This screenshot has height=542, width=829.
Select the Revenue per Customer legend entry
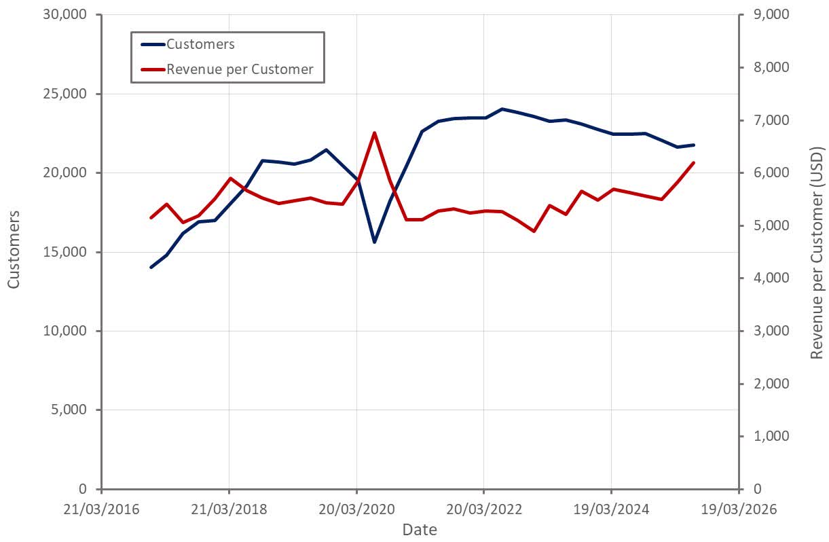coord(240,69)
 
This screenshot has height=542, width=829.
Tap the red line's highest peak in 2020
coord(374,132)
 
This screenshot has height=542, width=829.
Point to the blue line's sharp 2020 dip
coord(374,242)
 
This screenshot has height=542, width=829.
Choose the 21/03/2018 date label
coord(228,508)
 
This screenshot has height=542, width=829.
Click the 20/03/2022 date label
coord(483,508)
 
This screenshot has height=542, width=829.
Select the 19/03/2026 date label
coord(738,508)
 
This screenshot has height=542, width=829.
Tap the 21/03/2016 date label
coord(101,508)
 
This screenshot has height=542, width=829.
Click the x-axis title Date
coord(419,529)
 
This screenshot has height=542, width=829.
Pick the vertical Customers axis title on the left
coord(14,249)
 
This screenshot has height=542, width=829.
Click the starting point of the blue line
coord(151,268)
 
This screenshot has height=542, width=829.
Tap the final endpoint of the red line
coord(693,162)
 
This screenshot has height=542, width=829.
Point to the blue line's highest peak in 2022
coord(502,109)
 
